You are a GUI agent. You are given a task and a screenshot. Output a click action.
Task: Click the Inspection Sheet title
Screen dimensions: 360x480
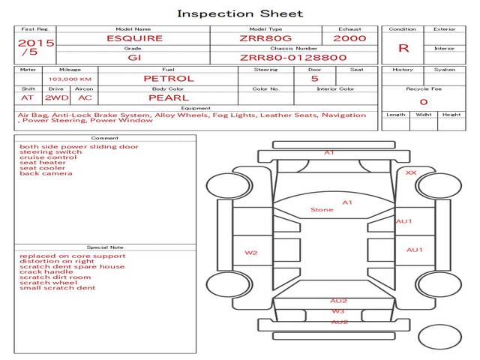pyautogui.click(x=240, y=13)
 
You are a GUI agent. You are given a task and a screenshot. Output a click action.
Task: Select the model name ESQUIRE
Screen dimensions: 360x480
pyautogui.click(x=134, y=38)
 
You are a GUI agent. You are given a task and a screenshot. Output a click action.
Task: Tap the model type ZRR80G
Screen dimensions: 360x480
pyautogui.click(x=266, y=38)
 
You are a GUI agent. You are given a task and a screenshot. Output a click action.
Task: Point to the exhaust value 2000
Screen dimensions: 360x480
pyautogui.click(x=349, y=38)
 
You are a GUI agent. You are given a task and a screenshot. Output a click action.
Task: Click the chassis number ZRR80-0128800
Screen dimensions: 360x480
pyautogui.click(x=293, y=57)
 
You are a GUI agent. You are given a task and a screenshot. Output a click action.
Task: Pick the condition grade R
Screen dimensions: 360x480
pyautogui.click(x=403, y=48)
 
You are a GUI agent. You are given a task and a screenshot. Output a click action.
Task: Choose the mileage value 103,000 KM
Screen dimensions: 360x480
pyautogui.click(x=70, y=78)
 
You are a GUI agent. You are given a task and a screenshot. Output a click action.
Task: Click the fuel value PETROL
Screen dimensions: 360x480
pyautogui.click(x=169, y=78)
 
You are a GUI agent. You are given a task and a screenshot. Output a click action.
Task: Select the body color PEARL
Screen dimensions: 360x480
pyautogui.click(x=169, y=97)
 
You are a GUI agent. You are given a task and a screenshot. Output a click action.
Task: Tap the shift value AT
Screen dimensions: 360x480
pyautogui.click(x=28, y=97)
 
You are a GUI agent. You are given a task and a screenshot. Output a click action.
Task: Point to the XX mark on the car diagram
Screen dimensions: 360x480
pyautogui.click(x=411, y=172)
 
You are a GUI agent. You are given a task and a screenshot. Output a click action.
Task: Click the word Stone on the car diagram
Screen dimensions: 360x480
pyautogui.click(x=322, y=210)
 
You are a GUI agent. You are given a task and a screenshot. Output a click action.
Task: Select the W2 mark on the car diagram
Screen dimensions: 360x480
pyautogui.click(x=251, y=253)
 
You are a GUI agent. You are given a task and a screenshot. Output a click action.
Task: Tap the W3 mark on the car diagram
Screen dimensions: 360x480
pyautogui.click(x=338, y=311)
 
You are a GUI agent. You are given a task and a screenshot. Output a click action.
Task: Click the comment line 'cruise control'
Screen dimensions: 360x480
pyautogui.click(x=48, y=157)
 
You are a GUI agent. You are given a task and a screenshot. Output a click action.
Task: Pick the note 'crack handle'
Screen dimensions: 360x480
pyautogui.click(x=46, y=271)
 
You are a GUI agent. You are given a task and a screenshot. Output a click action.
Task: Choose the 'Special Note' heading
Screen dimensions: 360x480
pyautogui.click(x=104, y=247)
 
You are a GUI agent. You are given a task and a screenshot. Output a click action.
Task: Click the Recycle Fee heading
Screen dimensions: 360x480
pyautogui.click(x=423, y=88)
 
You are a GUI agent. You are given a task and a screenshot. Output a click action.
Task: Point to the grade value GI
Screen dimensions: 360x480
pyautogui.click(x=134, y=57)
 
